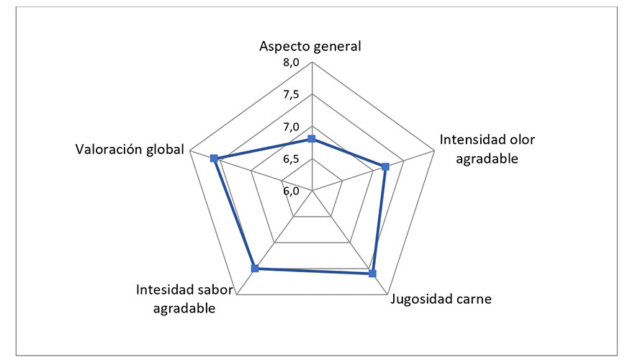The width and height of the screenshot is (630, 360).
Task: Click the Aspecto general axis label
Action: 310,47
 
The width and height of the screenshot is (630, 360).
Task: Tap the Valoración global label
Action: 130,150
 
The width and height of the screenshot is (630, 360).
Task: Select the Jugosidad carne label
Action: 441,300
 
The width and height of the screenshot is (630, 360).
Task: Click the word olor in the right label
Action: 522,140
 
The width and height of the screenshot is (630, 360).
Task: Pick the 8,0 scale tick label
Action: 291,63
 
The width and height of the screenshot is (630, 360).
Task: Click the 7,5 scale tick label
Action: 291,95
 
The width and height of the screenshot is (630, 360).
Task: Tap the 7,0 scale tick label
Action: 291,127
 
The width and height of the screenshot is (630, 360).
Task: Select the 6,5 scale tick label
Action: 291,159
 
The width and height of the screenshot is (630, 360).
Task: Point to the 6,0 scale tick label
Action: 291,191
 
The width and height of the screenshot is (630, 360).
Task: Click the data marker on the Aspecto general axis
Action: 311,139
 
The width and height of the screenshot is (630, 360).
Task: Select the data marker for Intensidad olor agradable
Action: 385,166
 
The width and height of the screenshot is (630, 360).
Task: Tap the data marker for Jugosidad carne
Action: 372,274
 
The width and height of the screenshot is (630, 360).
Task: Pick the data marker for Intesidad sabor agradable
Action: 255,269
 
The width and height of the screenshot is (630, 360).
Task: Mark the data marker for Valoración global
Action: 214,158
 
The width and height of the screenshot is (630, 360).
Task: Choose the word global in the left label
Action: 165,150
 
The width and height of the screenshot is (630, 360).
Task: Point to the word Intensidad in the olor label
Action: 472,140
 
